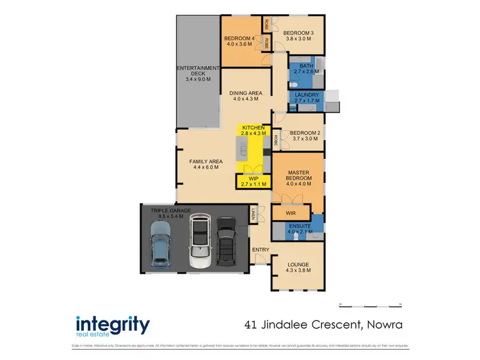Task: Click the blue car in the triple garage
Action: click(159, 246)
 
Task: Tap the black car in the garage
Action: click(227, 241)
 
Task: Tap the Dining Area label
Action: click(246, 96)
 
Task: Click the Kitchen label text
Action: click(253, 131)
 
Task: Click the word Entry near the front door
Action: click(260, 249)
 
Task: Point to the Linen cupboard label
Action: click(253, 215)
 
